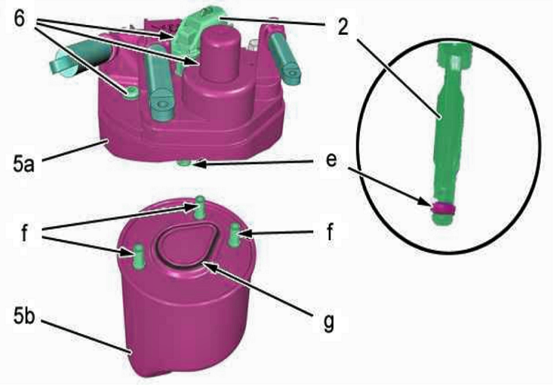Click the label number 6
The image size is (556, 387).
(20, 17)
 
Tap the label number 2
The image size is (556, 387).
(343, 26)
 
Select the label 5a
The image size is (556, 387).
(24, 164)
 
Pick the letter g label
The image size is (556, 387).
(330, 322)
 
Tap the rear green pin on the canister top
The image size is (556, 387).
(200, 207)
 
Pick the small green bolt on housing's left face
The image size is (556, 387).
(131, 93)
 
